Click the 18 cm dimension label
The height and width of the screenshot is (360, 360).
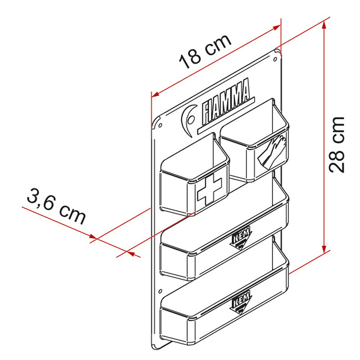[x=206, y=52]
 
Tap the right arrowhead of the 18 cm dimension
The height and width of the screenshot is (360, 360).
[x=277, y=29]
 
